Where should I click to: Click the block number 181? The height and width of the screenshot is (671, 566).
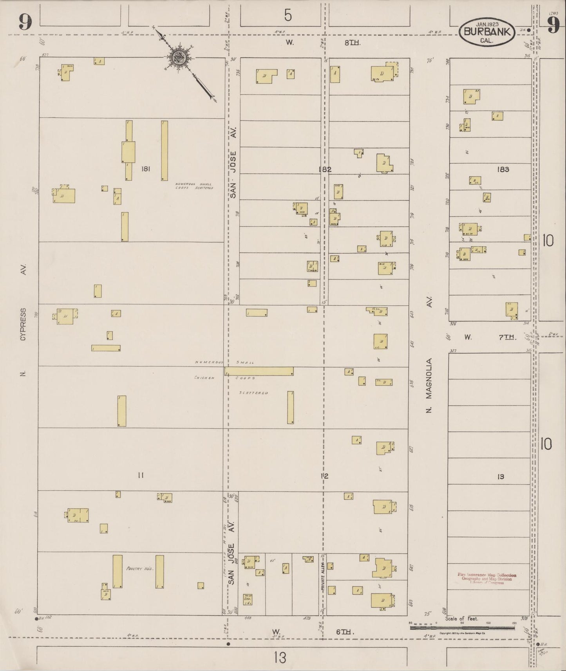(146, 169)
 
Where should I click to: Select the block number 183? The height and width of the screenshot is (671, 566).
(503, 170)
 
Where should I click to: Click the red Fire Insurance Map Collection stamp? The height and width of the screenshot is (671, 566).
(486, 579)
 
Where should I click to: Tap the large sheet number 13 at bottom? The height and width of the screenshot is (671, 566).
(280, 658)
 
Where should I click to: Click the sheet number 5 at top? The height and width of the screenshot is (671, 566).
(288, 16)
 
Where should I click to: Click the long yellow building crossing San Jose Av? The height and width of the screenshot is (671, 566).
(259, 371)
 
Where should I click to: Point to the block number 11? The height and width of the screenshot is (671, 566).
(141, 476)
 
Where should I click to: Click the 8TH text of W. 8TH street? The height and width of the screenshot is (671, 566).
(352, 43)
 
